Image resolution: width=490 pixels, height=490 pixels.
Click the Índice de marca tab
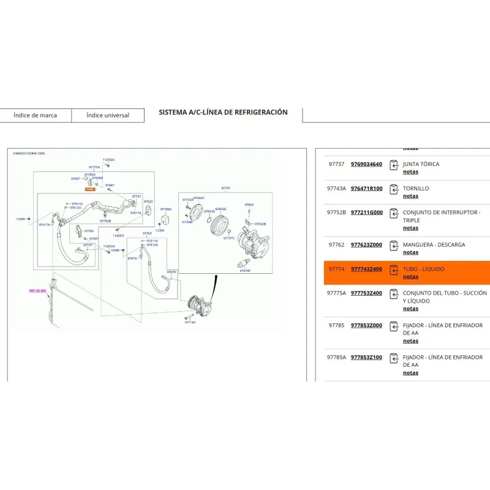tap(35, 115)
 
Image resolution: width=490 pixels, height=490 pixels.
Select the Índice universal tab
tap(108, 115)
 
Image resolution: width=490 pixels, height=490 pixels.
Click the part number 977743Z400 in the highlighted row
tap(366, 269)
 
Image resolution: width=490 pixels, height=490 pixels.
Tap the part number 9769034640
tap(366, 164)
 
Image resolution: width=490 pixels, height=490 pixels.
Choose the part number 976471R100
tap(366, 189)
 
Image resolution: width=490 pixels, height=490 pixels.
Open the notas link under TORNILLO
tap(410, 197)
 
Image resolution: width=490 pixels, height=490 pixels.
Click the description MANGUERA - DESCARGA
tap(434, 245)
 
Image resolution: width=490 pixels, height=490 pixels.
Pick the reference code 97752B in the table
tap(336, 213)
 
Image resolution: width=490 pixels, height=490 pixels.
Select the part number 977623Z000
tap(366, 245)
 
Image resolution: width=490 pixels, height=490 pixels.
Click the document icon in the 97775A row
tap(394, 293)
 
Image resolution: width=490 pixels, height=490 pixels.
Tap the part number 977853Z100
tap(366, 358)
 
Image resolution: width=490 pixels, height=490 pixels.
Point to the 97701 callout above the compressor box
tap(226, 188)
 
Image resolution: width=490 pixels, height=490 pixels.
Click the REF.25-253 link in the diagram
tap(37, 291)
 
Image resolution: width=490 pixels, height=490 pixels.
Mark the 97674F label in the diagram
tap(245, 270)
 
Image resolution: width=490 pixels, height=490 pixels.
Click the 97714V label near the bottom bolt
tap(190, 322)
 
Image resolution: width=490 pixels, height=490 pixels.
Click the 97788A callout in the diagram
tap(166, 209)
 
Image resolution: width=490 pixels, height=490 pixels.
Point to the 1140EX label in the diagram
tap(119, 235)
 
